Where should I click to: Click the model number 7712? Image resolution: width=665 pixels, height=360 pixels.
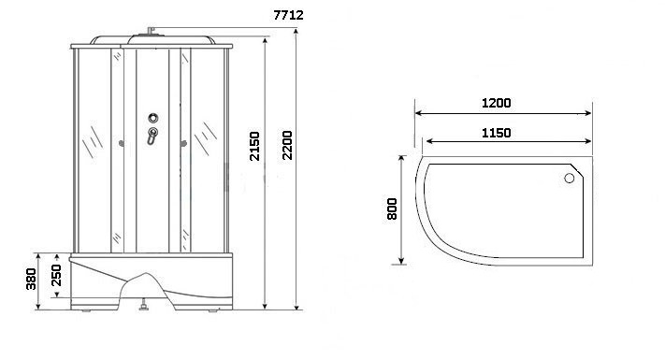[x=288, y=15]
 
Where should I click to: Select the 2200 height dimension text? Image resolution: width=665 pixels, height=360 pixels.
[x=287, y=146]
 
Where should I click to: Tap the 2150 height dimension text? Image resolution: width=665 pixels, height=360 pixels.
[x=254, y=146]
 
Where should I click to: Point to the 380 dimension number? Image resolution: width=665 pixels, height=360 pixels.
[x=31, y=279]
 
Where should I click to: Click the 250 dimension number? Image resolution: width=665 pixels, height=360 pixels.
[x=56, y=275]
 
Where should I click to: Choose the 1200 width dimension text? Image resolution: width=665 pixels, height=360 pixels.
[x=497, y=103]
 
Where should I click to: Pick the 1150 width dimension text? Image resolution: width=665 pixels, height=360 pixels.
[x=497, y=133]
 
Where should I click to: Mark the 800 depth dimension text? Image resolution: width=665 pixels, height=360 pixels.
[x=392, y=209]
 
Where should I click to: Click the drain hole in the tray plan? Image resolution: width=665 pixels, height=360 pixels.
[x=570, y=178]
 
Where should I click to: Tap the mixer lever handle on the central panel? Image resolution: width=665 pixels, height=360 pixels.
[x=152, y=135]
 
